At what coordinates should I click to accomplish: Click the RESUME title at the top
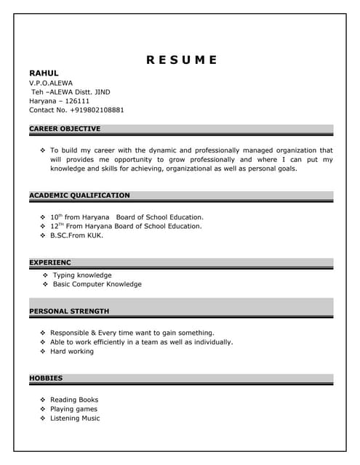point(181,60)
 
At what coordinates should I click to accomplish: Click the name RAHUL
point(43,73)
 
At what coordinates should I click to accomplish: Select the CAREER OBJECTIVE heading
point(65,129)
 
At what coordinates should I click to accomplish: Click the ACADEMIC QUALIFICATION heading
point(79,195)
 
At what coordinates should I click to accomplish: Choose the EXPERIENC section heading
point(50,262)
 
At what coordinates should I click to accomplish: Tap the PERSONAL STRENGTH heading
point(69,312)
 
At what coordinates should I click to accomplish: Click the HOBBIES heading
point(46,379)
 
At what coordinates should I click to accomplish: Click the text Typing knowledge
point(82,275)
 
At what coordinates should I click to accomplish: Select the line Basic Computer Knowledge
point(97,284)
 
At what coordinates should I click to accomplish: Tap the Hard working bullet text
point(72,352)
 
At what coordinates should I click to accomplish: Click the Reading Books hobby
point(74,400)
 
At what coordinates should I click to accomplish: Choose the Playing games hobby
point(73,409)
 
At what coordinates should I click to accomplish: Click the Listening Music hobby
point(75,418)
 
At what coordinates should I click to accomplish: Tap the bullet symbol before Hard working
point(43,352)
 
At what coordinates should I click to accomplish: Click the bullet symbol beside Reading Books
point(43,400)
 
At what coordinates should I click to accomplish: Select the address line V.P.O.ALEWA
point(51,83)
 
